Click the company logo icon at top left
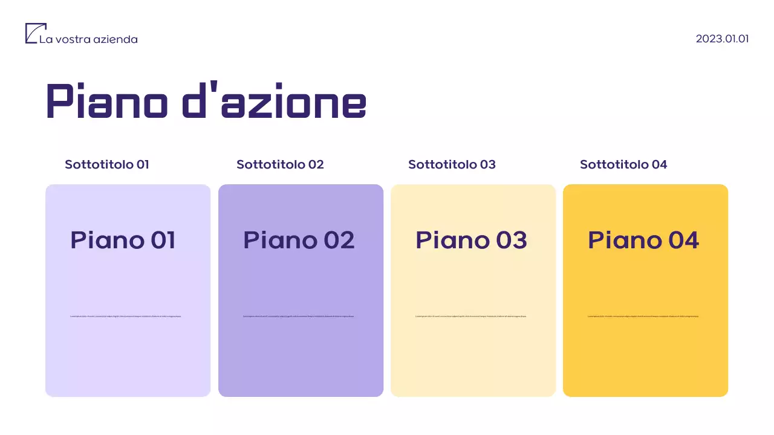pos(35,33)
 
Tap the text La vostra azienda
pos(88,39)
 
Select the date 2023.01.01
pos(722,39)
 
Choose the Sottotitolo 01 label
pos(107,164)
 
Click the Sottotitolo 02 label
pos(280,164)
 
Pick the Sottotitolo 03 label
pos(452,164)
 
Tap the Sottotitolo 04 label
pos(623,164)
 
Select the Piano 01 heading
pos(123,240)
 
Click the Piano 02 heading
pos(299,240)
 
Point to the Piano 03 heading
pos(471,240)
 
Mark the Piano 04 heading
pos(643,240)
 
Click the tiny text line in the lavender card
pos(126,316)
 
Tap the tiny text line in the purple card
pos(299,316)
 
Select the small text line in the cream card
pos(471,316)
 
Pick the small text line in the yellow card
pos(643,316)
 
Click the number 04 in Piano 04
pos(683,240)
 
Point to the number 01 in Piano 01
pos(163,240)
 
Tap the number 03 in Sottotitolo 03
pos(487,164)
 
